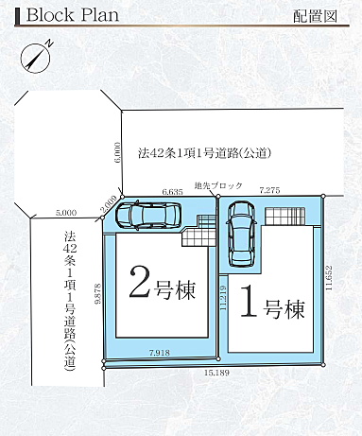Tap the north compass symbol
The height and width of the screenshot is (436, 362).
pos(34,58)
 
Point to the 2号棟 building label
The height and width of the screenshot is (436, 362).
pos(161,286)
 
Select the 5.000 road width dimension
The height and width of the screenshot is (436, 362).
pos(66,213)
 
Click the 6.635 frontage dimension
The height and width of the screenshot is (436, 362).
pos(171,192)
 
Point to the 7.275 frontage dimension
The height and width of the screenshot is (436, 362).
pos(269,191)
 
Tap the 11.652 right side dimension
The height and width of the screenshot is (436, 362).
pos(331,280)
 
